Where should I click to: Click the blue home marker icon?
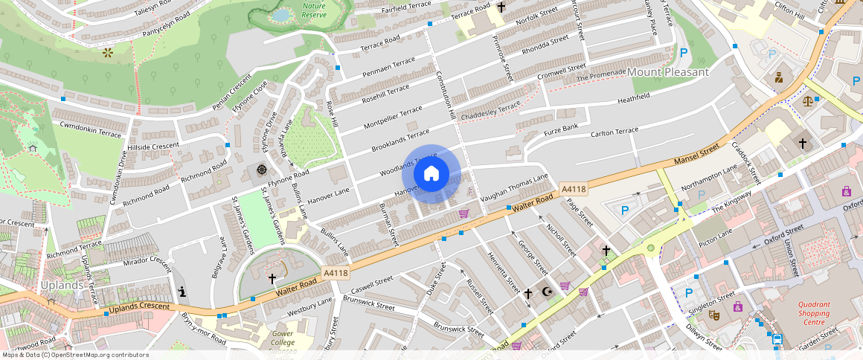click(x=431, y=174)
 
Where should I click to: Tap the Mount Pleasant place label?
click(x=668, y=72)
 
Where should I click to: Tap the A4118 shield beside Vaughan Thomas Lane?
click(x=574, y=190)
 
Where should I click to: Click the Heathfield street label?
click(x=634, y=98)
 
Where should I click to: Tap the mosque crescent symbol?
click(x=548, y=293)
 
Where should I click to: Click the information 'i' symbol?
click(x=182, y=291)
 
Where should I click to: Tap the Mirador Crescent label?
click(x=147, y=261)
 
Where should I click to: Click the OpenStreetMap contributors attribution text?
click(x=74, y=355)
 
